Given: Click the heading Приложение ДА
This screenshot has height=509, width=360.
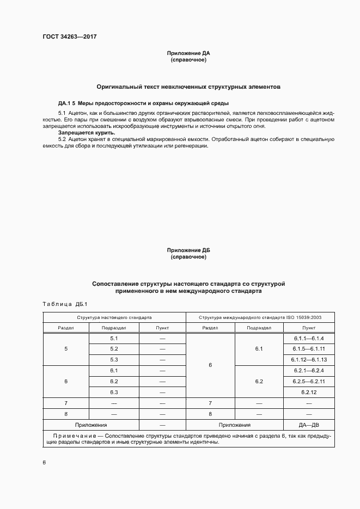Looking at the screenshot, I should click(x=188, y=53).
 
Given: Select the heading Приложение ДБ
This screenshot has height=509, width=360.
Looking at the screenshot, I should click(x=188, y=250).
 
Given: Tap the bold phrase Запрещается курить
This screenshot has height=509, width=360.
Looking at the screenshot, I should click(x=87, y=132).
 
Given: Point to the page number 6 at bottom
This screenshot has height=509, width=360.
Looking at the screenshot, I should click(x=44, y=462).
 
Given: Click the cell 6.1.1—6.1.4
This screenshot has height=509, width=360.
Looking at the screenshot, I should click(x=308, y=339).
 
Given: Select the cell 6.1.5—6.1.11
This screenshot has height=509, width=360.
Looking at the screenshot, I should click(x=308, y=349).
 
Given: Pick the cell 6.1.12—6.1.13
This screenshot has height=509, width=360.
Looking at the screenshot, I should click(x=308, y=360).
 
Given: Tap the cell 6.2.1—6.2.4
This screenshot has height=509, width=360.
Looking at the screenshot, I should click(x=308, y=371).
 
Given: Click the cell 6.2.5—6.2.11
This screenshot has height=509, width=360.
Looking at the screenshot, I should click(x=308, y=381).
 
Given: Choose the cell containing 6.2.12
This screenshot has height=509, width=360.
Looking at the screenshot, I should click(x=308, y=392).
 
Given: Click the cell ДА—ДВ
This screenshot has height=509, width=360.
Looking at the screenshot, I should click(x=308, y=425).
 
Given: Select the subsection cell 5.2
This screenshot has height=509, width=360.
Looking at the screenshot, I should click(x=114, y=349).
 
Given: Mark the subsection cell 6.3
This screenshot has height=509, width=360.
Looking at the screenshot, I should click(x=114, y=392).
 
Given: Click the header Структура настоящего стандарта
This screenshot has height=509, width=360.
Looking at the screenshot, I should click(x=114, y=317).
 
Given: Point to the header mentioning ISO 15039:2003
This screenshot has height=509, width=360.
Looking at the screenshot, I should click(x=260, y=317).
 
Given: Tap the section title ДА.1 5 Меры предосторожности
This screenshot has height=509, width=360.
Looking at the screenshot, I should click(x=143, y=103).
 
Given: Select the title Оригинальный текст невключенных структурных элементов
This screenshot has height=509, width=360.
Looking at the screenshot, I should click(x=188, y=87).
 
